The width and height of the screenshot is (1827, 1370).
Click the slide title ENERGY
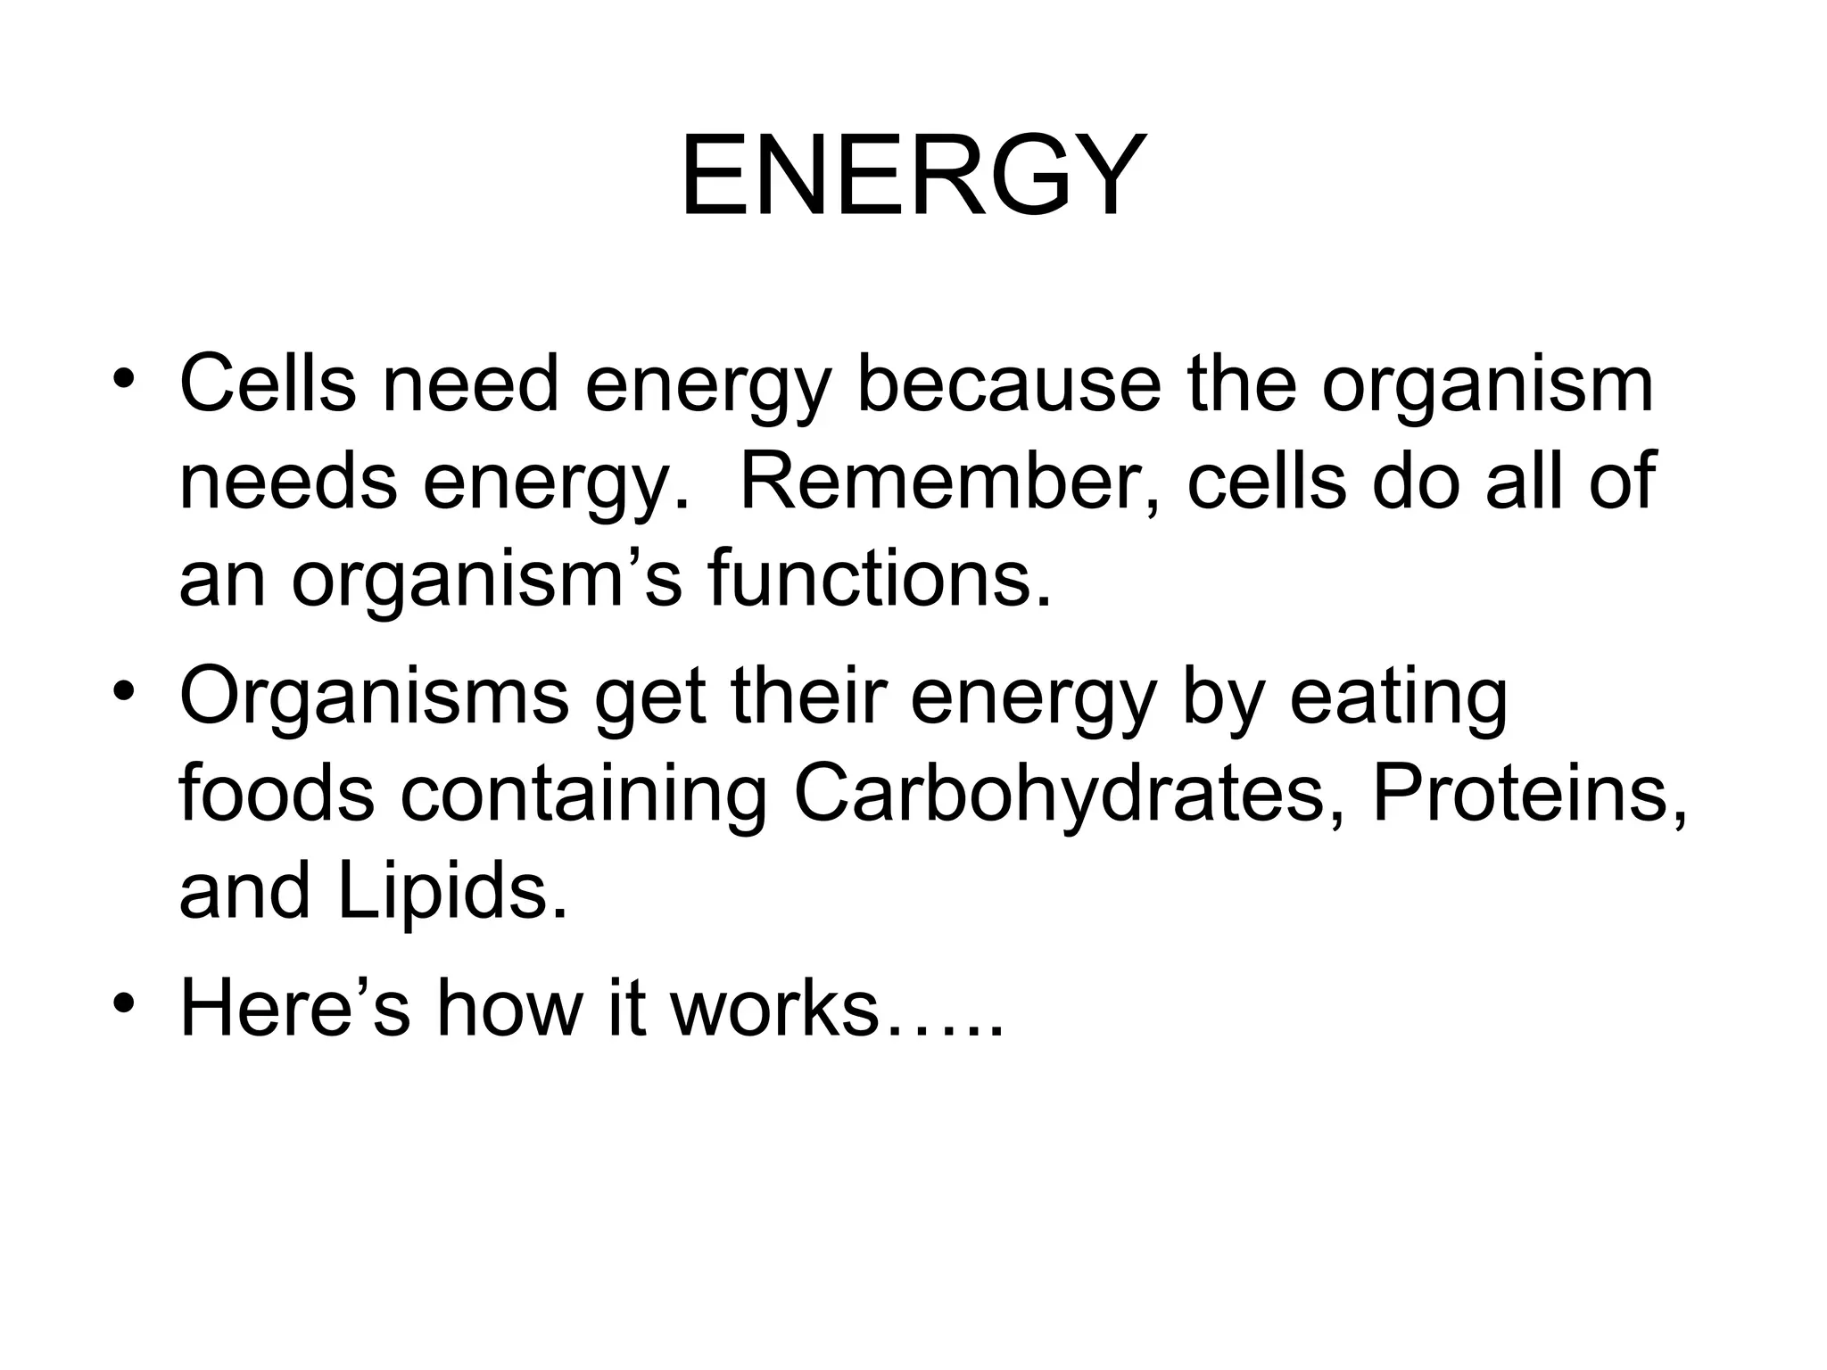(x=912, y=177)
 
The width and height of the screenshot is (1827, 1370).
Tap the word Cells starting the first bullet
(x=267, y=384)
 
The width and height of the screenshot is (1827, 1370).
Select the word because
(x=1009, y=384)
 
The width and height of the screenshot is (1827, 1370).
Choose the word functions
(x=880, y=581)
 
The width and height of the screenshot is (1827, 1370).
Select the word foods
(x=277, y=793)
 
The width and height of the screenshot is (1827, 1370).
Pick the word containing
(x=583, y=793)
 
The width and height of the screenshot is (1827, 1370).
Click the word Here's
(x=294, y=1008)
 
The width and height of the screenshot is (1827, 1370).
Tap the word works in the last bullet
(x=774, y=1008)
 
